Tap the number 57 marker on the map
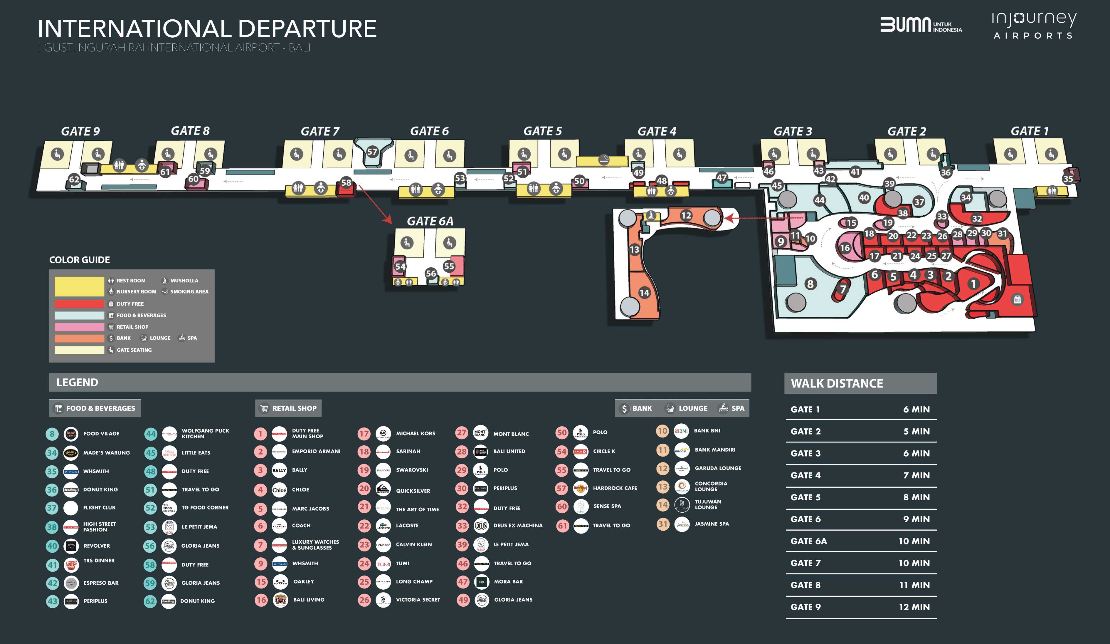click(x=372, y=152)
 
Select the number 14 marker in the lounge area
click(x=644, y=292)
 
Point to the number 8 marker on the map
click(x=810, y=284)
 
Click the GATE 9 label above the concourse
click(x=80, y=131)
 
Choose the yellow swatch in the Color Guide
click(x=79, y=286)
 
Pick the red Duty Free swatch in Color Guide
click(x=79, y=304)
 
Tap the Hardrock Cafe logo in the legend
click(x=581, y=488)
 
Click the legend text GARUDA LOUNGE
click(x=718, y=468)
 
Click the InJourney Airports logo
click(x=1033, y=25)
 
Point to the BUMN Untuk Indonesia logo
click(x=921, y=25)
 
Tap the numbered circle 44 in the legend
click(x=151, y=434)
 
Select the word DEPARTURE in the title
click(x=307, y=29)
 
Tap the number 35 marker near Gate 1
click(x=1068, y=179)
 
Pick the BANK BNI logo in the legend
click(x=681, y=431)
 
